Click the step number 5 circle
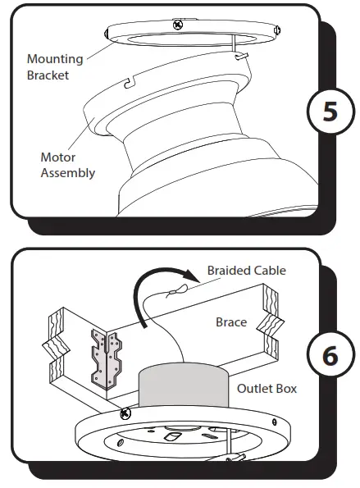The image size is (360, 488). click(x=329, y=112)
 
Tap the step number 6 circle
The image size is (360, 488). click(x=329, y=356)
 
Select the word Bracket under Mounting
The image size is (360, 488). click(x=47, y=75)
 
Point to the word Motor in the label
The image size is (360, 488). click(x=58, y=157)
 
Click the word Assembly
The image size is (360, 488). click(x=68, y=172)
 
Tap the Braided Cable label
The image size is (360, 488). click(x=246, y=270)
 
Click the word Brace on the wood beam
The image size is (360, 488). click(x=231, y=322)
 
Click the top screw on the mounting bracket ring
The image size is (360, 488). click(x=178, y=25)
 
